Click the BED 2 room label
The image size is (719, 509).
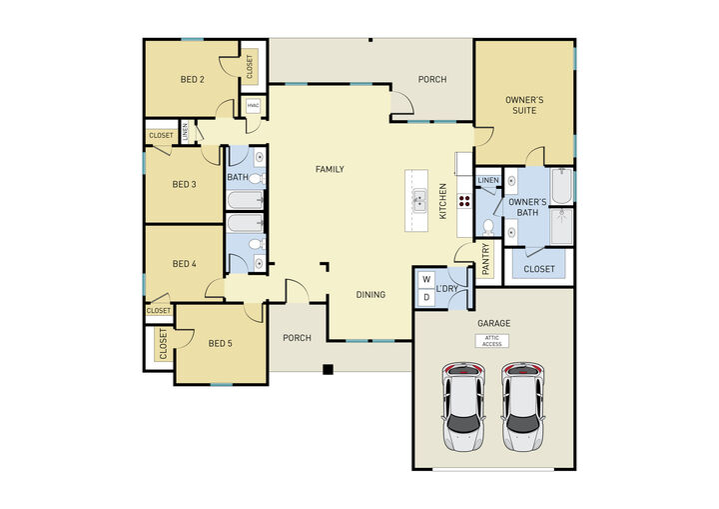(x=193, y=80)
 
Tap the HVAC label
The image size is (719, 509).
(x=253, y=104)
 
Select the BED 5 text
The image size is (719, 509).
(x=220, y=343)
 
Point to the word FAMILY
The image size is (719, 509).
(x=330, y=169)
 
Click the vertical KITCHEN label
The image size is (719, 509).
(x=444, y=200)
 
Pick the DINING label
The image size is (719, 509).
(x=371, y=294)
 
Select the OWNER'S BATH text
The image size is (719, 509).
(x=527, y=207)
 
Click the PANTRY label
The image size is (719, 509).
(x=486, y=258)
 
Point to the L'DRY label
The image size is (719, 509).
(x=447, y=289)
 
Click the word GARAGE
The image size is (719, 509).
(x=493, y=323)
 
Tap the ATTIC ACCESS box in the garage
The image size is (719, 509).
(x=491, y=341)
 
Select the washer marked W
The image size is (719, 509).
(x=425, y=280)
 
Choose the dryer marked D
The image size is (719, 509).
(x=425, y=297)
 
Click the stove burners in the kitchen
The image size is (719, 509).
(x=463, y=200)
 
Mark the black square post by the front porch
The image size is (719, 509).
(x=327, y=370)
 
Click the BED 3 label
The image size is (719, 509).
(x=184, y=184)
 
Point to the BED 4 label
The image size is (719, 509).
(x=184, y=264)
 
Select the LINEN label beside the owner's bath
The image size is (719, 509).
(x=487, y=180)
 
